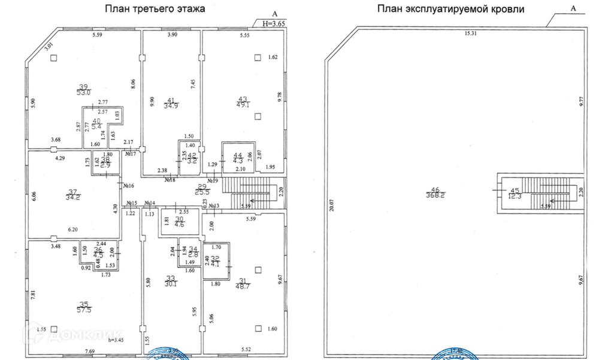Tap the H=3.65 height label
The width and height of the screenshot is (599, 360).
pyautogui.click(x=275, y=23)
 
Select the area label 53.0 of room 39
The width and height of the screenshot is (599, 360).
pyautogui.click(x=83, y=93)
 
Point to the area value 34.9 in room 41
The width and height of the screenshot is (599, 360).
pyautogui.click(x=174, y=105)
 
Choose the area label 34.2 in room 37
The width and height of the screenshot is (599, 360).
pyautogui.click(x=74, y=196)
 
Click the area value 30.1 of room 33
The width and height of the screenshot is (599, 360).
pyautogui.click(x=173, y=284)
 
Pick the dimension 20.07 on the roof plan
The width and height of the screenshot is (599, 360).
pyautogui.click(x=331, y=207)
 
